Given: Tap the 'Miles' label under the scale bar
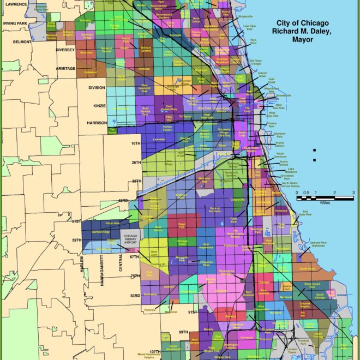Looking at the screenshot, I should click(325, 202).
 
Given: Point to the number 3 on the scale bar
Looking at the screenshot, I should click(353, 193).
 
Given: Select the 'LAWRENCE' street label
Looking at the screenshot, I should click(15, 4).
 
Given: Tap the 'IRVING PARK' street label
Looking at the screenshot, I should click(16, 24).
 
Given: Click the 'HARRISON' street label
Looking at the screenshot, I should click(97, 123).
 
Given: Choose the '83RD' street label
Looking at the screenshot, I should click(134, 296).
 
